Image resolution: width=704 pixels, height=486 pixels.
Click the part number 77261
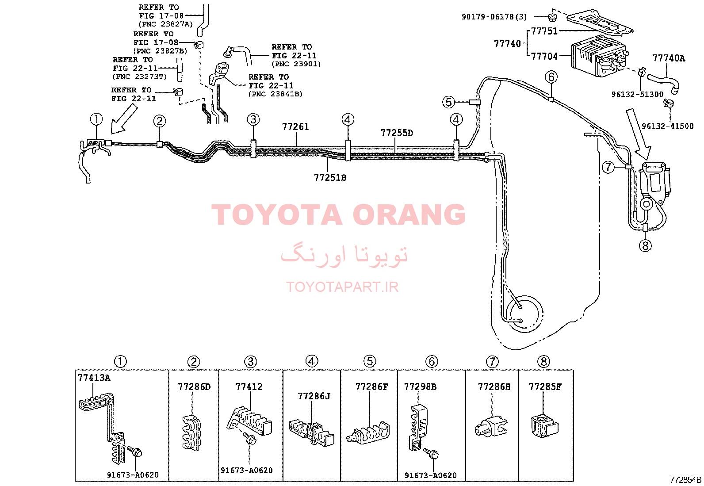point(295,126)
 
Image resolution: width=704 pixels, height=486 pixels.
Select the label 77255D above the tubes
point(397,133)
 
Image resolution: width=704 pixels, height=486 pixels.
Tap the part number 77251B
point(330,178)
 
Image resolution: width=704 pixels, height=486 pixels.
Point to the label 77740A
point(669,58)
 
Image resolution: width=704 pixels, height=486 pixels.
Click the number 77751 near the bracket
point(544,31)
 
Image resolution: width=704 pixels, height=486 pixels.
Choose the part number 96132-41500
point(668,126)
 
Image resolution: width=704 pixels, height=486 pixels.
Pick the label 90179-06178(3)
point(494,17)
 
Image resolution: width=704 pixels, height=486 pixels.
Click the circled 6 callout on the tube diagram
point(551,77)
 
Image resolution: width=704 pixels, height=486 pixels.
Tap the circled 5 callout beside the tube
point(448,102)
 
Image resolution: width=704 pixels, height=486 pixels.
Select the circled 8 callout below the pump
point(645,245)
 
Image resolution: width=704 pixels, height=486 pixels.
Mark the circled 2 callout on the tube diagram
point(160,121)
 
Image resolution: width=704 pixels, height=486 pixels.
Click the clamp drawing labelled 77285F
point(545,426)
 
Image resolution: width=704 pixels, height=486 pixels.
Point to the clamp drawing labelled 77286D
point(192,432)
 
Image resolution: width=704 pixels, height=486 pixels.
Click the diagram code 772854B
point(686,480)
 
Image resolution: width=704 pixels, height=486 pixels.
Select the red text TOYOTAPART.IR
point(342,287)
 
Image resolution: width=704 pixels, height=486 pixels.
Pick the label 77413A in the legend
point(94,378)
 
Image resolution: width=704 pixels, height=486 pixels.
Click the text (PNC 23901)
point(296,64)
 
